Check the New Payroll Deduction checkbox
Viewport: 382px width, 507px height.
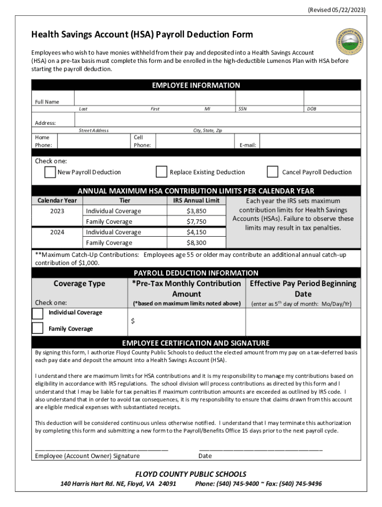pos(50,172)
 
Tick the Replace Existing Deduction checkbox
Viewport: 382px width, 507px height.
pos(161,172)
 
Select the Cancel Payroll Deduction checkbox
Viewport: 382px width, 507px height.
pos(272,172)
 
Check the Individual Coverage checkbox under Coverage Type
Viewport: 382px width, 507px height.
pos(38,313)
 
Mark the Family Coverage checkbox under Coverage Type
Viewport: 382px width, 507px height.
pos(38,328)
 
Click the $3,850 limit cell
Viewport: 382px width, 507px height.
pos(196,211)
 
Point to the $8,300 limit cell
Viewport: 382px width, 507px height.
pos(196,243)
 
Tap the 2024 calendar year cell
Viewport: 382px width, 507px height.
pos(57,232)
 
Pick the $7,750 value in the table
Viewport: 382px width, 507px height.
pos(196,222)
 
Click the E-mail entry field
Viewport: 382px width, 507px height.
pos(310,141)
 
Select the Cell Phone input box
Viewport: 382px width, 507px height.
pos(193,141)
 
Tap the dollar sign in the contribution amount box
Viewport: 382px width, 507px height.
pos(132,321)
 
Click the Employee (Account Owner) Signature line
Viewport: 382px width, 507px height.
pos(101,449)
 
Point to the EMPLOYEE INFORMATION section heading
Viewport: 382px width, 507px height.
pos(196,86)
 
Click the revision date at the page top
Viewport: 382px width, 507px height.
pos(337,9)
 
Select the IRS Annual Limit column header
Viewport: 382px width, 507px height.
pos(196,201)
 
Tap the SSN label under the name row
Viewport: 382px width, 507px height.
pos(242,108)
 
